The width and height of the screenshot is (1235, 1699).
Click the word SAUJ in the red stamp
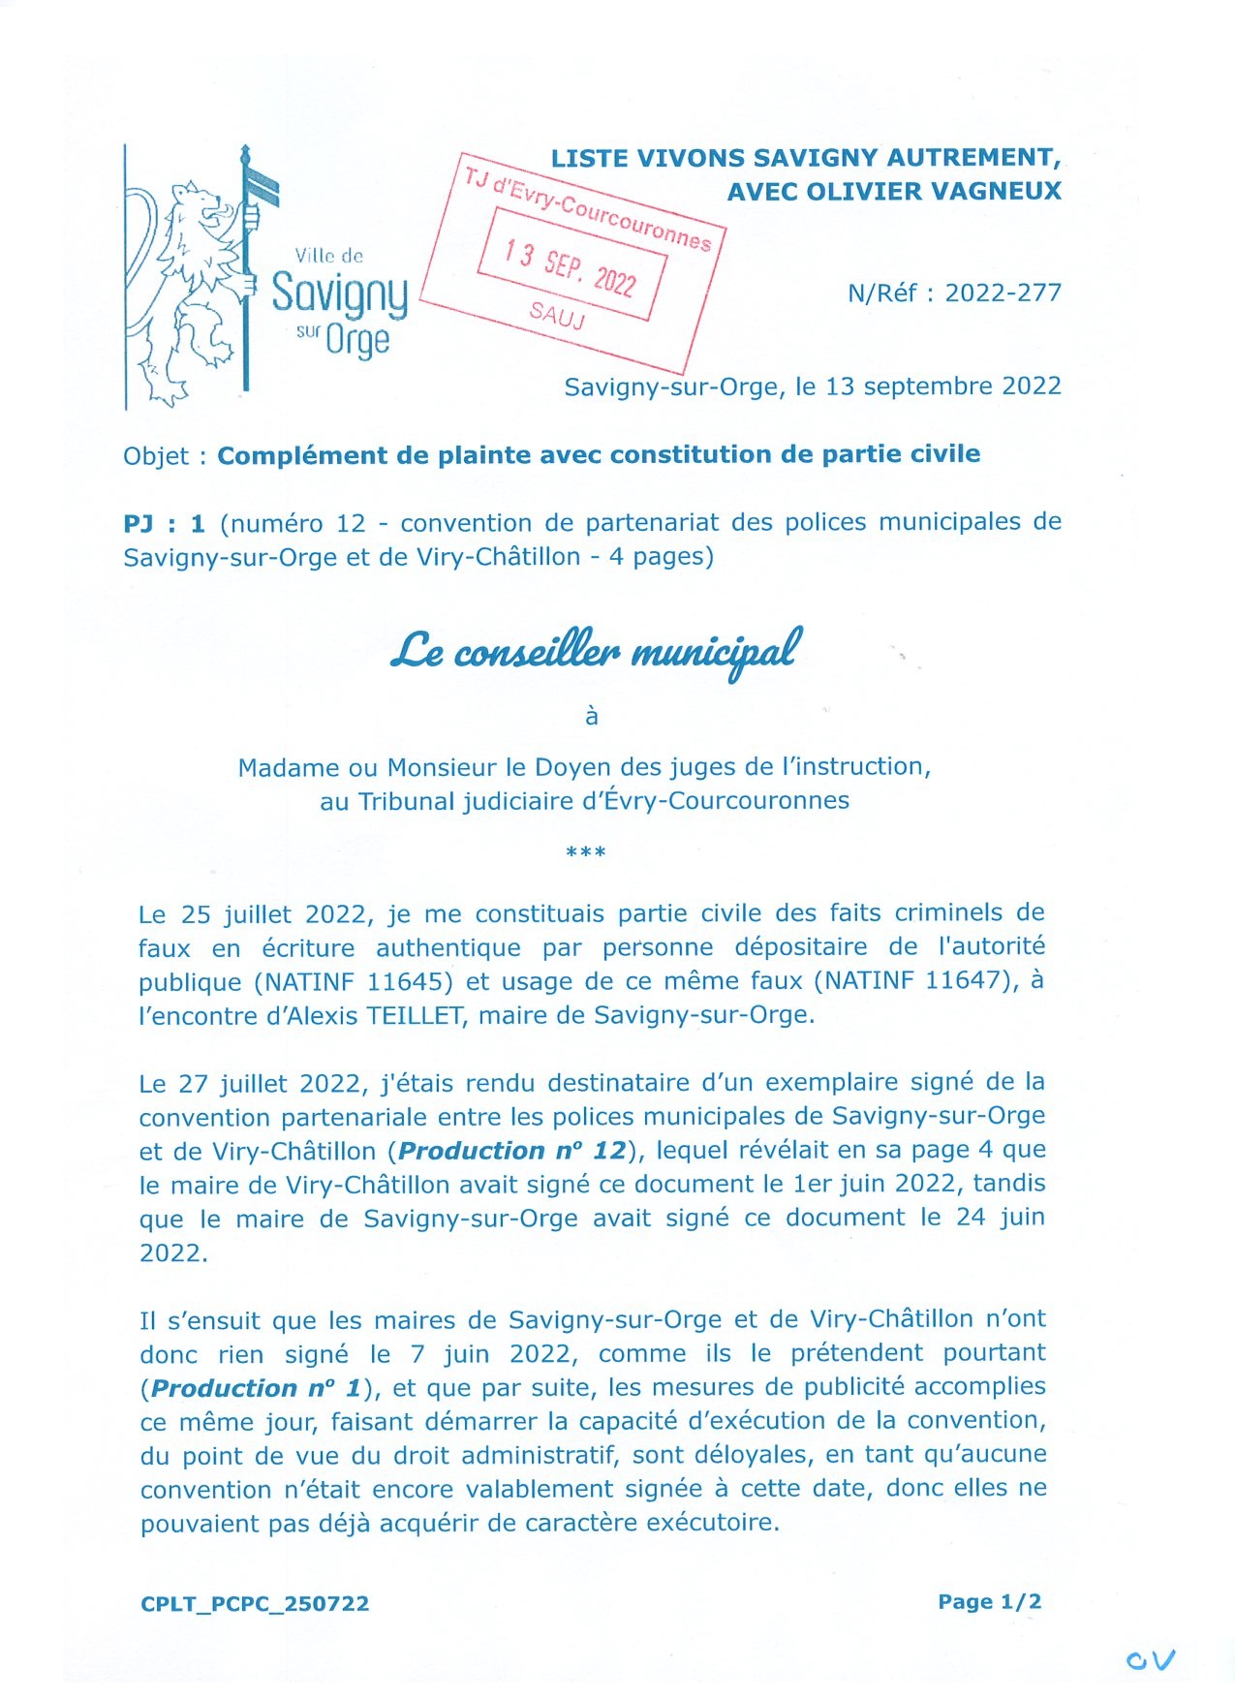point(557,315)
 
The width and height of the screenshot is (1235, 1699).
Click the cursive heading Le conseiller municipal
point(596,651)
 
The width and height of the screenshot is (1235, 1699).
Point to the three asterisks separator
point(585,852)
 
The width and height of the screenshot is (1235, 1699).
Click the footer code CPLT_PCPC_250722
point(255,1604)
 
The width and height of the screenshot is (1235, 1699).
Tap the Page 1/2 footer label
point(989,1602)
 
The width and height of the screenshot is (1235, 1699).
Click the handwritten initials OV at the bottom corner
point(1150,1660)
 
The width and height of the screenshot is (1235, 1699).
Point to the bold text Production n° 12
point(512,1152)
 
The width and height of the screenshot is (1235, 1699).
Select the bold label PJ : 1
point(165,524)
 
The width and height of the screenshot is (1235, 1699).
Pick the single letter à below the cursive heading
point(592,717)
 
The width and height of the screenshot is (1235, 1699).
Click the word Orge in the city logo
point(357,340)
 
